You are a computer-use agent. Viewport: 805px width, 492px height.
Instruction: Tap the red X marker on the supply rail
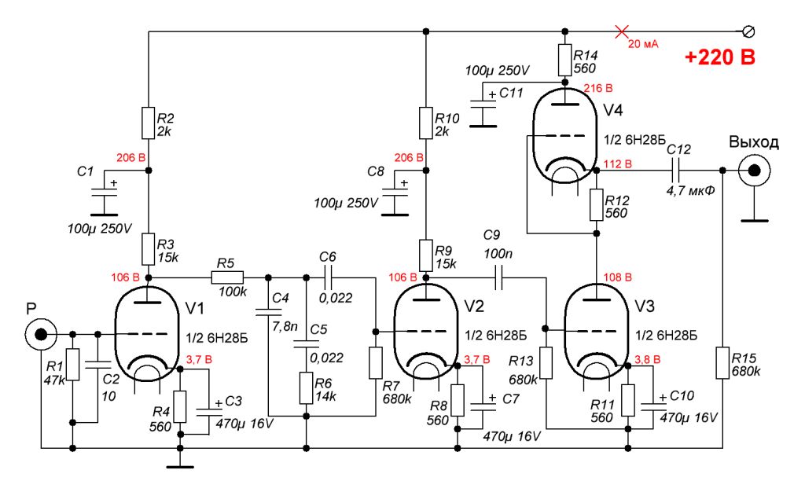622,31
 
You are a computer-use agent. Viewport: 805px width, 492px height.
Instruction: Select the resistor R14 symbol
564,59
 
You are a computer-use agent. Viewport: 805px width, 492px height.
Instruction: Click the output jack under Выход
753,170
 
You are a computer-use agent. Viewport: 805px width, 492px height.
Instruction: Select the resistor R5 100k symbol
228,277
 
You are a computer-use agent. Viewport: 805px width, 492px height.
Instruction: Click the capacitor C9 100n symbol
498,277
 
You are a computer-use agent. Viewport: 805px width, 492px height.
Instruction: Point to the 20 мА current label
642,44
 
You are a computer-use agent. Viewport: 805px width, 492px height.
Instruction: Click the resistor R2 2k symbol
149,123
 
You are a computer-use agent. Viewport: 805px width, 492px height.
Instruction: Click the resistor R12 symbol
597,206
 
